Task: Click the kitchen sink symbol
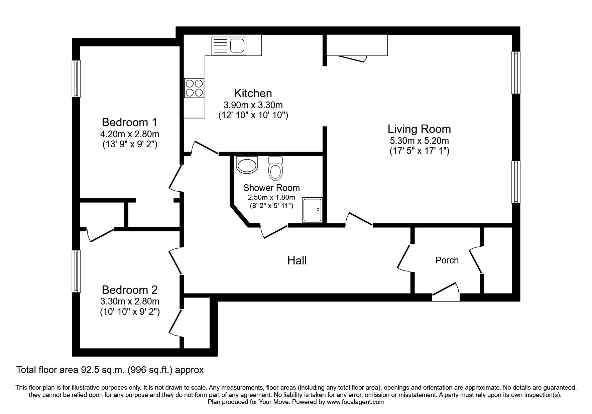pyautogui.click(x=229, y=46)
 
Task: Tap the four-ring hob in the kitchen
pyautogui.click(x=194, y=88)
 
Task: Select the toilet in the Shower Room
pyautogui.click(x=275, y=169)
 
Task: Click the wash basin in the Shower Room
pyautogui.click(x=247, y=165)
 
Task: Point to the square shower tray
pyautogui.click(x=313, y=210)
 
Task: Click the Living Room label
pyautogui.click(x=419, y=129)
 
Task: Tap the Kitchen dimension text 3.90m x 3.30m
pyautogui.click(x=253, y=105)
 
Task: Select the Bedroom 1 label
pyautogui.click(x=129, y=122)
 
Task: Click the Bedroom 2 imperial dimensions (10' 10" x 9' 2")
pyautogui.click(x=130, y=312)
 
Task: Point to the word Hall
pyautogui.click(x=297, y=261)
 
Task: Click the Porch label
pyautogui.click(x=447, y=260)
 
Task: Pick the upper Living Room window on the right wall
pyautogui.click(x=516, y=72)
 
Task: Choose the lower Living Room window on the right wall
pyautogui.click(x=516, y=182)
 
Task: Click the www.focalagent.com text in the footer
pyautogui.click(x=356, y=402)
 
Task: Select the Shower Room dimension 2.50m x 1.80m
pyautogui.click(x=271, y=197)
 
